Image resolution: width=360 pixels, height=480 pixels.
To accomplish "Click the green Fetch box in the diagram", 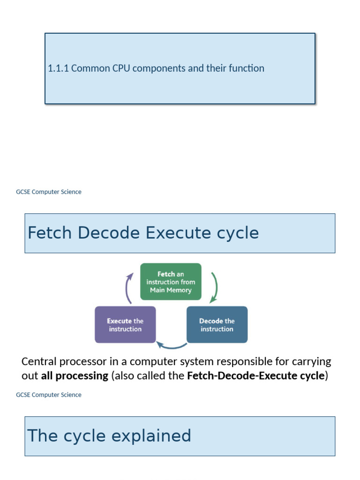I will click(171, 282).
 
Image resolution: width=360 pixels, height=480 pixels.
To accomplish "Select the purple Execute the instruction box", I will click(125, 325).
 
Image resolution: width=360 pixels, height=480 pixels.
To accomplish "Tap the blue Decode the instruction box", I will click(217, 325).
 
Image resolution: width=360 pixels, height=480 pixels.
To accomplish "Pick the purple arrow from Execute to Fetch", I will click(127, 289).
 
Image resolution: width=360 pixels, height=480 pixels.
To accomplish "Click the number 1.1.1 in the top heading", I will click(58, 68).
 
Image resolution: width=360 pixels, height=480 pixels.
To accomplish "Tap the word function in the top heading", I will click(247, 68).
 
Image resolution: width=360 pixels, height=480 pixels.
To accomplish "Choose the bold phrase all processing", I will click(75, 376).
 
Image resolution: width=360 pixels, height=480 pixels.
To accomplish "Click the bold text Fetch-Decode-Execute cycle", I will click(255, 376).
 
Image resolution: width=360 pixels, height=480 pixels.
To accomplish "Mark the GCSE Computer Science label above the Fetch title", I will click(49, 192).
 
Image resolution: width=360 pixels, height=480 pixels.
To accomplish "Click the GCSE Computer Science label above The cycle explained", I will click(49, 395).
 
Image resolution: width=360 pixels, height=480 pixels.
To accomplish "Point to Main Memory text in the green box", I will click(171, 290).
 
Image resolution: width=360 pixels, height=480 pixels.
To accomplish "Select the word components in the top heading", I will click(158, 68).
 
